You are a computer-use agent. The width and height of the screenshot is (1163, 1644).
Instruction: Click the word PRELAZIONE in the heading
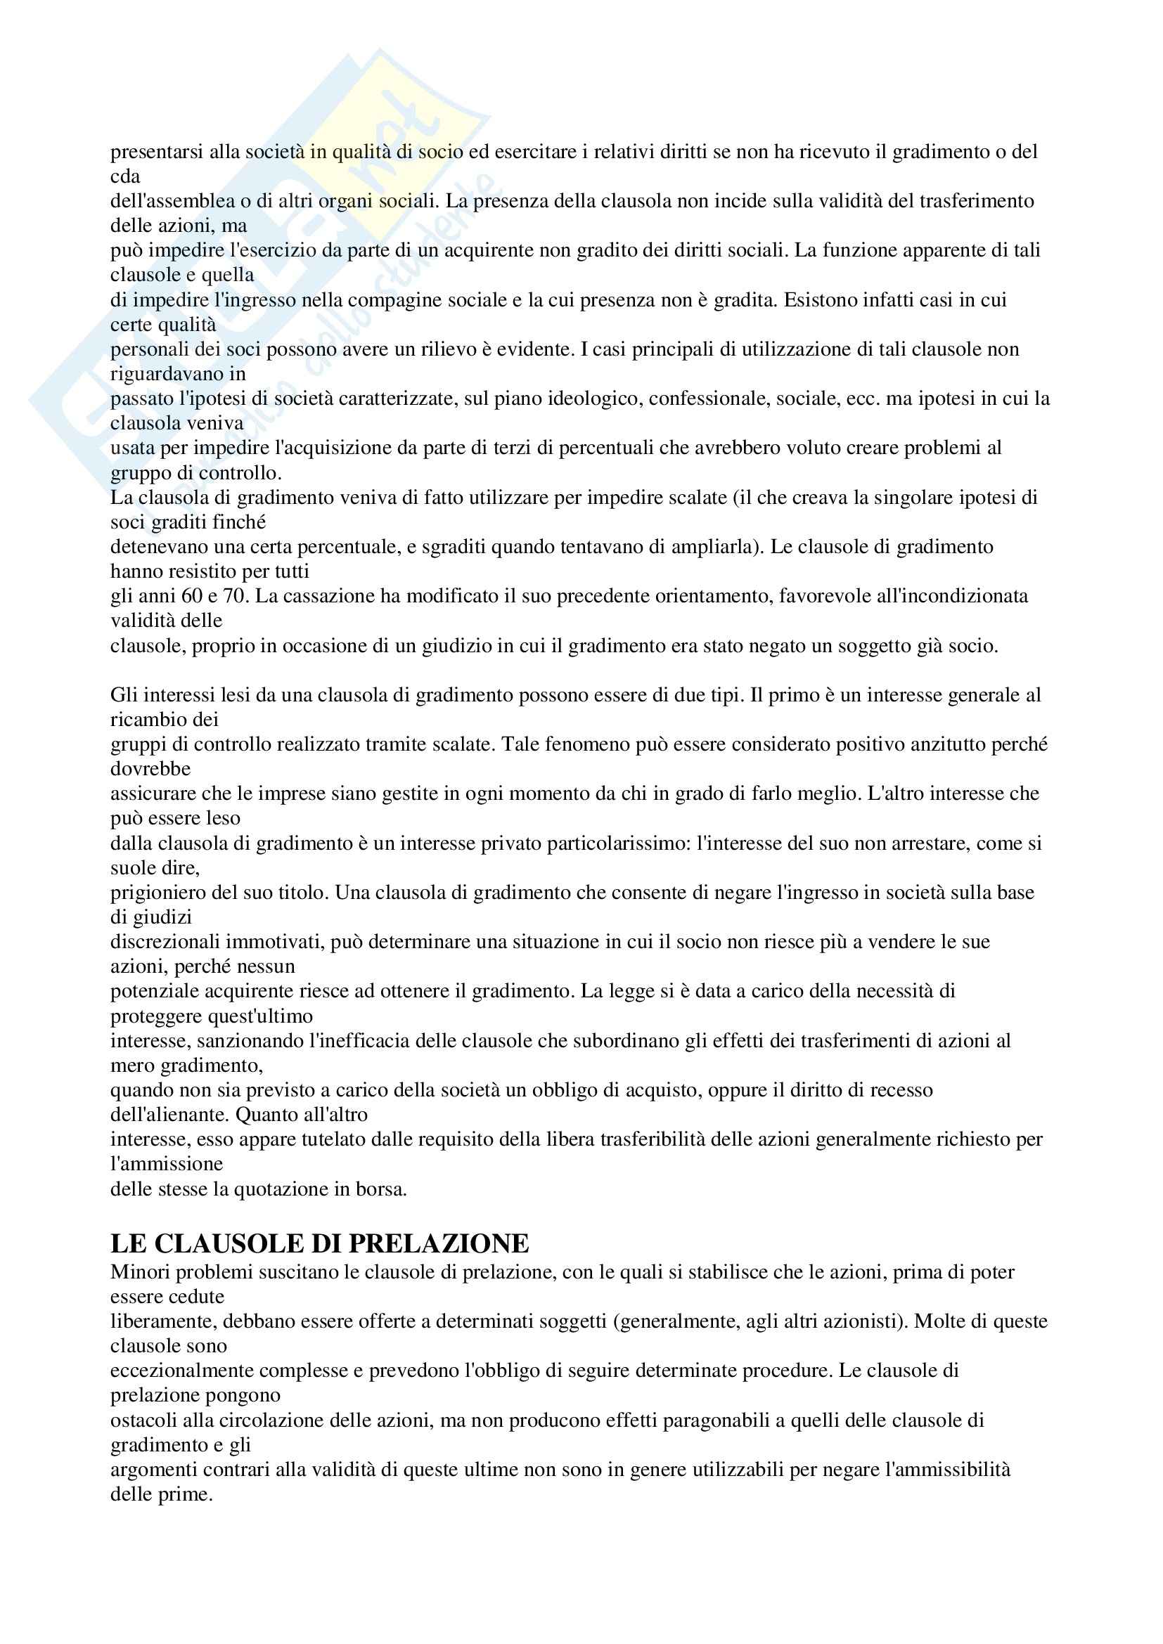click(438, 1244)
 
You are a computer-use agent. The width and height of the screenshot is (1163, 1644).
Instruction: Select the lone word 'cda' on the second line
click(125, 176)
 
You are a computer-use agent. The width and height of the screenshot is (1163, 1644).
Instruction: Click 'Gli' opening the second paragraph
click(122, 695)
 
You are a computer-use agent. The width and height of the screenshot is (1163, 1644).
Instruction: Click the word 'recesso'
click(901, 1091)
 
